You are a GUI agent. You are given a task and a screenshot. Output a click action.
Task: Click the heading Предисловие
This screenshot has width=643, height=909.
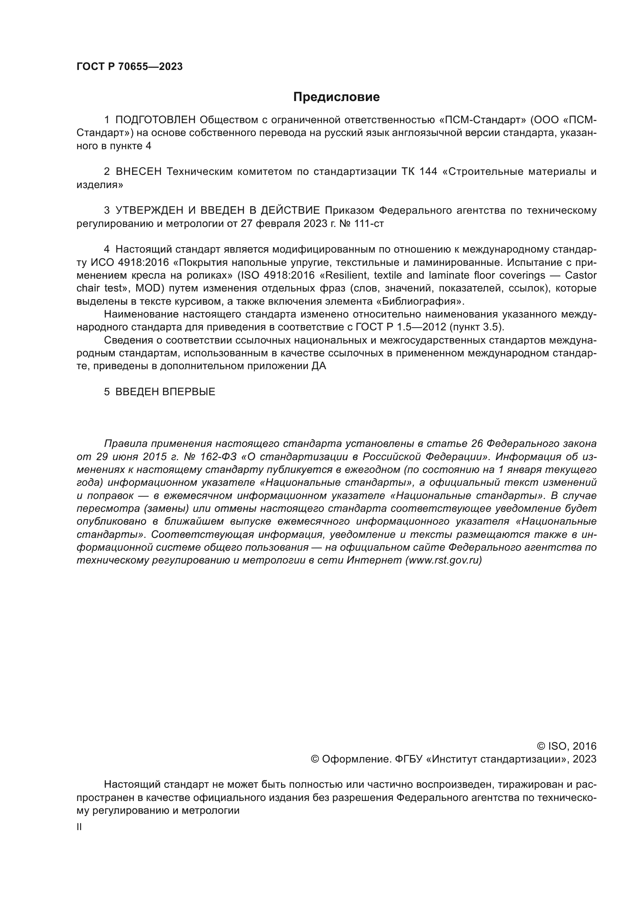(336, 97)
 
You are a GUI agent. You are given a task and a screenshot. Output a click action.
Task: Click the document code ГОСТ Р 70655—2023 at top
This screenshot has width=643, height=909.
(129, 67)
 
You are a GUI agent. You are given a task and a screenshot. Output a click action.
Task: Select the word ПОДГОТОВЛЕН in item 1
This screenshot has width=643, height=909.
(156, 120)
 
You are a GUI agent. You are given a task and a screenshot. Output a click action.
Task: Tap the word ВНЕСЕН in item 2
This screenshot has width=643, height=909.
(138, 172)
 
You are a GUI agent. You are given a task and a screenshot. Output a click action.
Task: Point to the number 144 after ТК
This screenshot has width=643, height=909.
(428, 172)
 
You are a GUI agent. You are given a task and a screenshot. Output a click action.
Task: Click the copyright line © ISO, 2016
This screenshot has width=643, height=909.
(566, 746)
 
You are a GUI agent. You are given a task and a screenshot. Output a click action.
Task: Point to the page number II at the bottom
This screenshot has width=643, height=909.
(79, 827)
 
